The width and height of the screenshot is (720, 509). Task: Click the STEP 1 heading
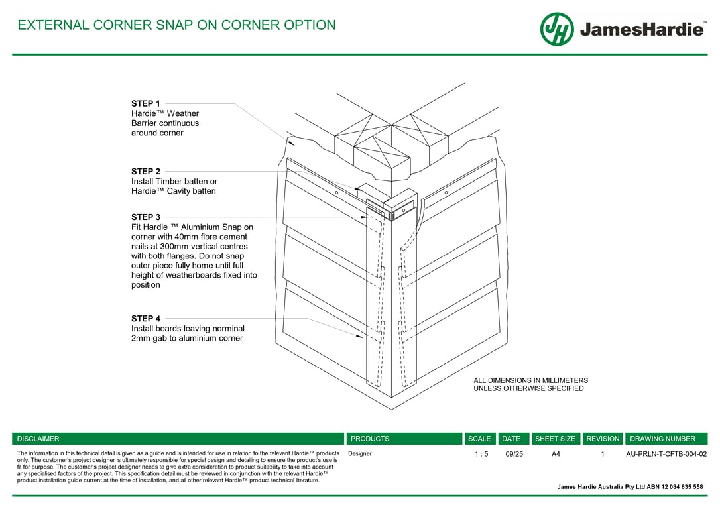[x=145, y=103]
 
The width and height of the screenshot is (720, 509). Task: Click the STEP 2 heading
[x=145, y=171]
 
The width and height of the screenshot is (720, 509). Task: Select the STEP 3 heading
[x=145, y=217]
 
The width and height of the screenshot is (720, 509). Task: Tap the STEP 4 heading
[x=145, y=319]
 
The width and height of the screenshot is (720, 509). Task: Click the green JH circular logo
[x=557, y=29]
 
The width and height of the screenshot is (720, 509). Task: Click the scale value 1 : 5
[x=481, y=454]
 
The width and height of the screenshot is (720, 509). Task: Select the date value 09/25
[x=514, y=454]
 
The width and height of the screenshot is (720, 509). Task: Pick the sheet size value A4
[x=556, y=454]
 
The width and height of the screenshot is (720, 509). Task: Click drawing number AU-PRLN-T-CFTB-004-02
[x=666, y=454]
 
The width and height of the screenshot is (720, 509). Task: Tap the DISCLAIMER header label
[x=38, y=439]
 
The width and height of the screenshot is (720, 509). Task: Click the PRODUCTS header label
[x=370, y=439]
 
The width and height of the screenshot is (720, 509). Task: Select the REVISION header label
[x=603, y=439]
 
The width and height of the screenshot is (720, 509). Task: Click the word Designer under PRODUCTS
[x=360, y=454]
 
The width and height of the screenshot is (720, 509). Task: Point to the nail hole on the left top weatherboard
[x=336, y=192]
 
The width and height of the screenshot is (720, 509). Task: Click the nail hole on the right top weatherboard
[x=446, y=192]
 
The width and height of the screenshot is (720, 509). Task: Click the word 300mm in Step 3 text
[x=174, y=246]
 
